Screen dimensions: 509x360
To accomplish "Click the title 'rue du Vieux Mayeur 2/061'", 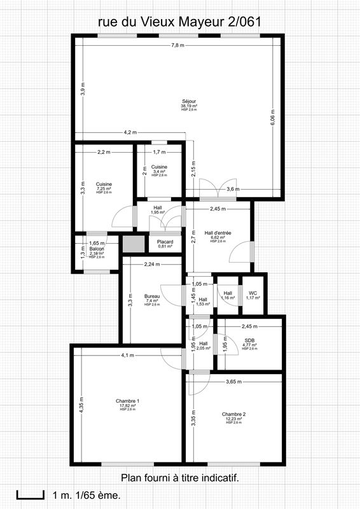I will [x=180, y=22].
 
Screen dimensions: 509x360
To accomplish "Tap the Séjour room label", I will [x=189, y=102].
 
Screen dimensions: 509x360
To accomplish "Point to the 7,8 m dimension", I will [x=177, y=45].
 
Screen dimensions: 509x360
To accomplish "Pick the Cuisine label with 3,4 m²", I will [x=158, y=167].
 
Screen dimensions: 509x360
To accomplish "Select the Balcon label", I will [x=97, y=250].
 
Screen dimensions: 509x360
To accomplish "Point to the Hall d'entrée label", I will [x=218, y=234].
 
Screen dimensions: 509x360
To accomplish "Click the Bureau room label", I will [x=152, y=297].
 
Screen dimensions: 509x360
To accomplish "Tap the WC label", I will [x=253, y=293].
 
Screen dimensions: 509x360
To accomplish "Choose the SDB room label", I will [x=250, y=341].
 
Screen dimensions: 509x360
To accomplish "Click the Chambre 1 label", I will [x=128, y=401].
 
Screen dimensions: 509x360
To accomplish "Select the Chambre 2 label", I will [x=233, y=414].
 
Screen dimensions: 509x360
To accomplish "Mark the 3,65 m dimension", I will [x=235, y=382].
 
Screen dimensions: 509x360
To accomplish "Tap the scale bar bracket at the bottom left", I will [x=25, y=494].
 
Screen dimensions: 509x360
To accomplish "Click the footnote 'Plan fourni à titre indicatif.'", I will [x=180, y=477].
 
